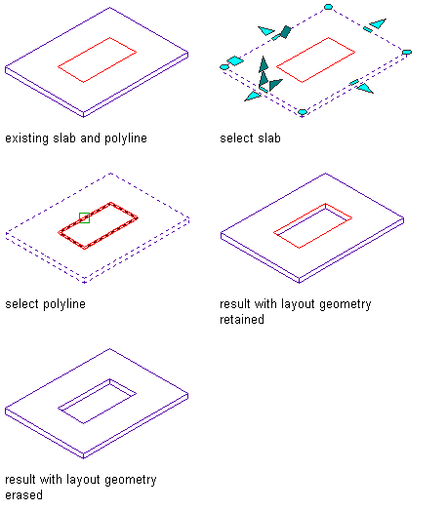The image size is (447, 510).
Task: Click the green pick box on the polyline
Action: click(84, 217)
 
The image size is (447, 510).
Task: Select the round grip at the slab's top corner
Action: click(328, 7)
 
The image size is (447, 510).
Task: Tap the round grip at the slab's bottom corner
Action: click(303, 112)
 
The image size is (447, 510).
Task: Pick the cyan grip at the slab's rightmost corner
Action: click(407, 52)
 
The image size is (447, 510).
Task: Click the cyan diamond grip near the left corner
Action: click(235, 60)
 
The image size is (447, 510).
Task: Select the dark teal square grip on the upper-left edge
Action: click(286, 32)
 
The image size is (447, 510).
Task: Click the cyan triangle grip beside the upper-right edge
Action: click(379, 23)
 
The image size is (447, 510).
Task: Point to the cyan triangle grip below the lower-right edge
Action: click(365, 88)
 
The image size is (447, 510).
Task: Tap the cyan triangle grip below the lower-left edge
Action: click(253, 96)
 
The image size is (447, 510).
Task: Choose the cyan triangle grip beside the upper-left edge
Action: click(266, 31)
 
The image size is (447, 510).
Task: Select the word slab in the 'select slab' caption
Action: click(269, 137)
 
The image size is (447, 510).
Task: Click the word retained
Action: click(242, 320)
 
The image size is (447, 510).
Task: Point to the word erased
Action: click(23, 495)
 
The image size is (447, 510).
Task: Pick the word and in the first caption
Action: click(90, 138)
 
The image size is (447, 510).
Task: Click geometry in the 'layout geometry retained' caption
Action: click(345, 305)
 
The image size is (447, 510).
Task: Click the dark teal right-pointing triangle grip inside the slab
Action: click(275, 85)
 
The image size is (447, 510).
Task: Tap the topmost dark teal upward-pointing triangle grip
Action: click(264, 64)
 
